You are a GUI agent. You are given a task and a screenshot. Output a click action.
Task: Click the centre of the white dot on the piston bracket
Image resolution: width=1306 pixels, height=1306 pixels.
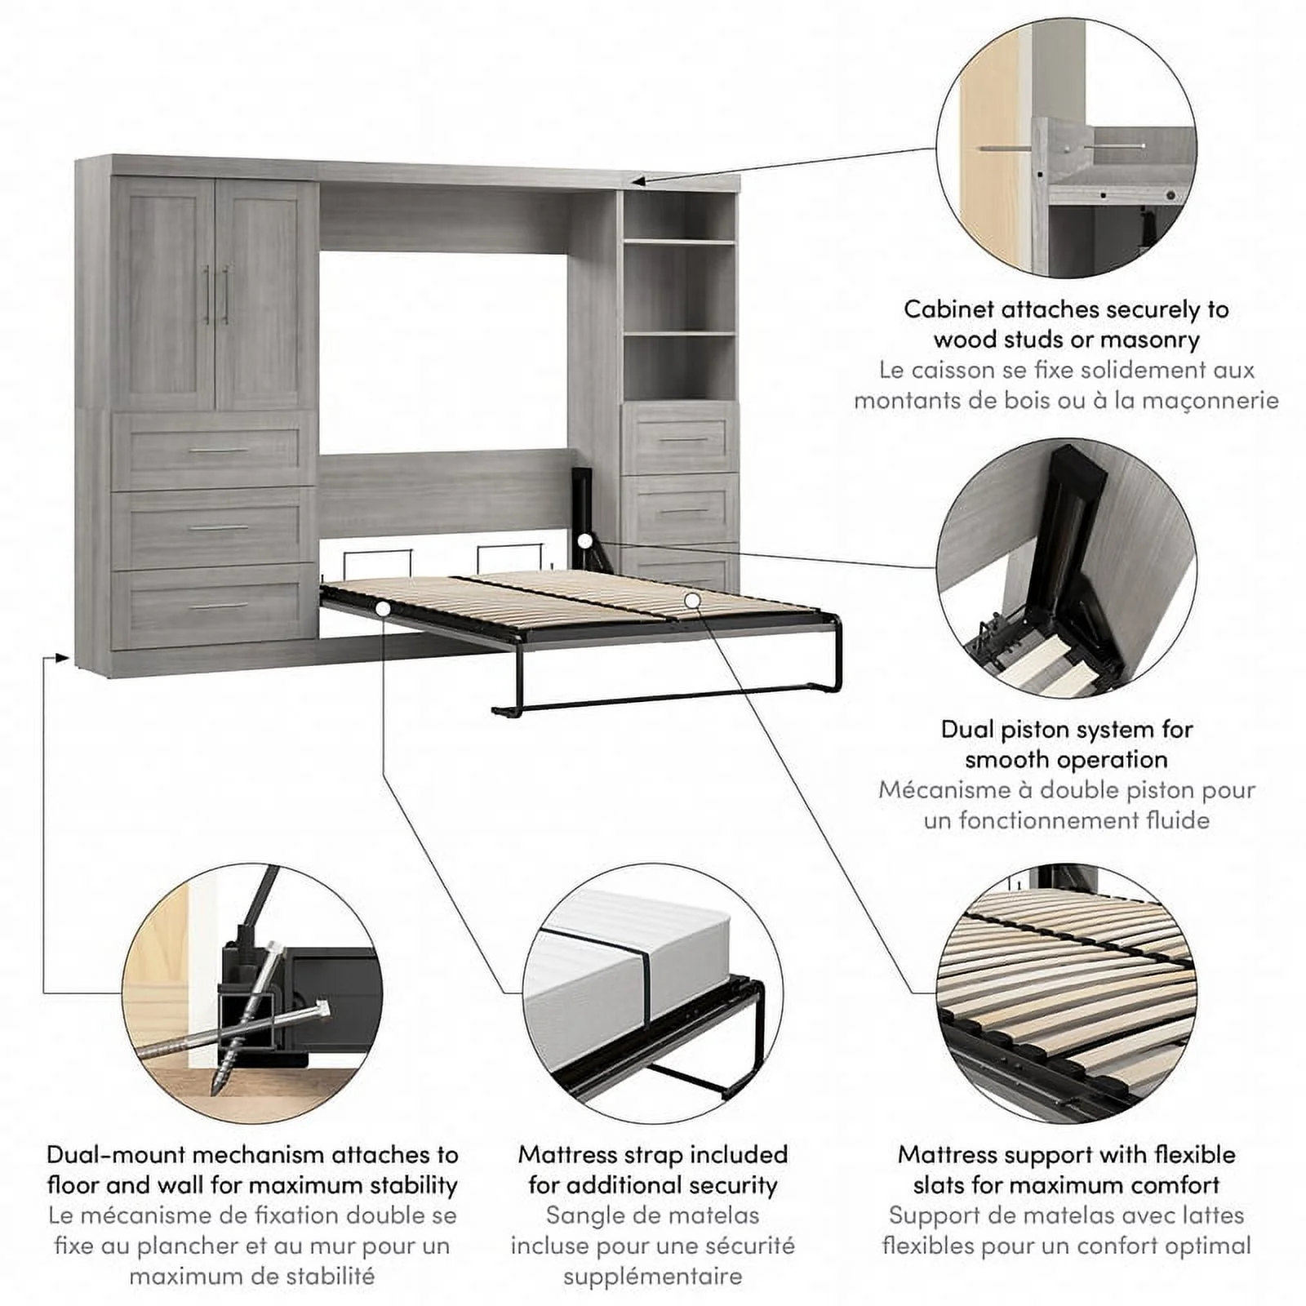coord(584,540)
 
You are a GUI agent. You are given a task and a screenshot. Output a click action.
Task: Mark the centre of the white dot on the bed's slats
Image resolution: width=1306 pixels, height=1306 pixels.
coord(692,600)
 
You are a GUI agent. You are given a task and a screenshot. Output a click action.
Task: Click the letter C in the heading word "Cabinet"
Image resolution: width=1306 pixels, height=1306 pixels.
coord(913,309)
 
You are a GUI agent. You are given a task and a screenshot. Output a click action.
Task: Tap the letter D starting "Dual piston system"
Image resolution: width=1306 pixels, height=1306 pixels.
coord(950,729)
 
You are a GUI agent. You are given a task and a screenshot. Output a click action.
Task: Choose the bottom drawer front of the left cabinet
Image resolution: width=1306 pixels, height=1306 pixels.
coord(214,606)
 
